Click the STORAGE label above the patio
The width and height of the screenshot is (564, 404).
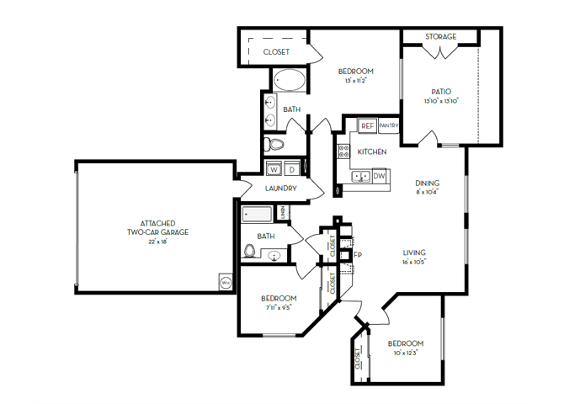click(440, 37)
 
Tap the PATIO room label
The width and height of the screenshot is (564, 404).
click(440, 92)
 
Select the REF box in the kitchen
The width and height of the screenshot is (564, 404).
click(367, 125)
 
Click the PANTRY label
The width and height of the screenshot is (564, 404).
click(388, 125)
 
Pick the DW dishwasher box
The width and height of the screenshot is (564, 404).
click(380, 176)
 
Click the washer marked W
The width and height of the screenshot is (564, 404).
click(274, 168)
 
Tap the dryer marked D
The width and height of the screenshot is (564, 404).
click(290, 168)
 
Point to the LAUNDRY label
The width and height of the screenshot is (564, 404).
click(280, 189)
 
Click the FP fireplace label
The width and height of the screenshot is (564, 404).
click(358, 254)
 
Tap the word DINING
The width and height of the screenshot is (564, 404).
click(428, 183)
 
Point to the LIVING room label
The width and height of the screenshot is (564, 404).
click(413, 252)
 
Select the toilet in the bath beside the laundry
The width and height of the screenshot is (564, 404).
click(249, 250)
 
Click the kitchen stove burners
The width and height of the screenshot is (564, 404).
click(343, 151)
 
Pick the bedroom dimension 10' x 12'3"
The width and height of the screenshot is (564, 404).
click(405, 353)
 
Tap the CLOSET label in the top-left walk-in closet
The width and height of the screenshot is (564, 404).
click(276, 52)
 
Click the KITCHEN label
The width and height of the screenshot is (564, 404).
click(372, 151)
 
